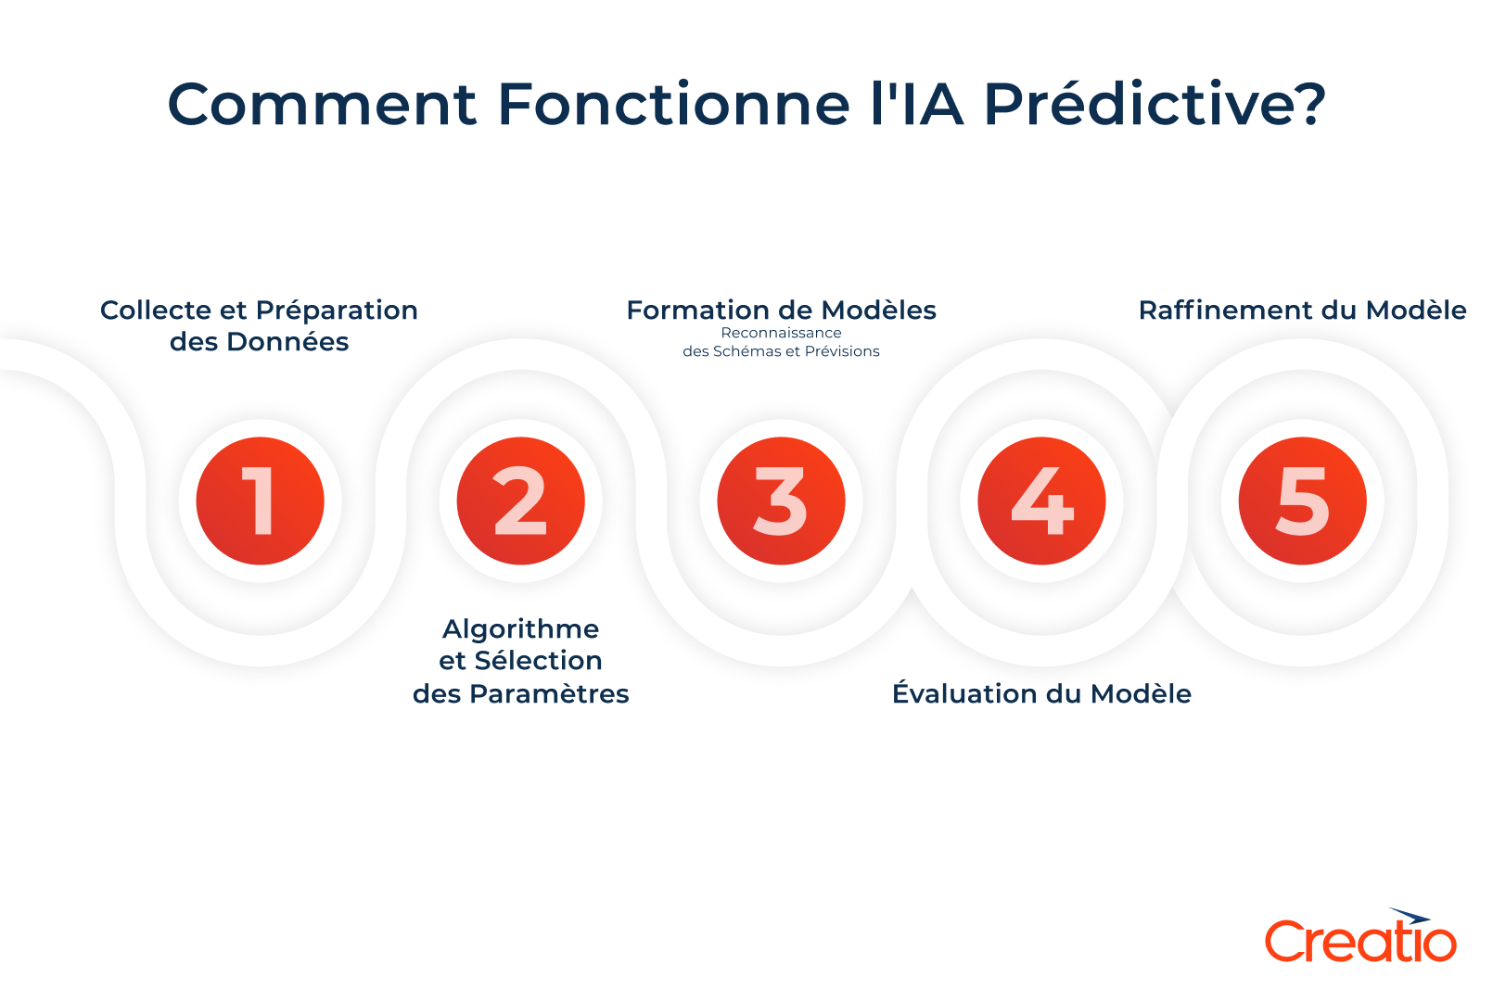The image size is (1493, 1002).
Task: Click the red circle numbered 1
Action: tap(260, 501)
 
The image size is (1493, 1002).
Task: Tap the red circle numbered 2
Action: tap(520, 501)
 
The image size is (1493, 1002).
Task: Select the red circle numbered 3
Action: tap(781, 501)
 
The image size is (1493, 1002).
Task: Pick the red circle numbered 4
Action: tap(1041, 501)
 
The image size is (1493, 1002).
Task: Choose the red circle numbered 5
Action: tap(1302, 501)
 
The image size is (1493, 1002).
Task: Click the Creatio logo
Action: tap(1360, 937)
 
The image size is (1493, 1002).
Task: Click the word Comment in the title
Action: tap(321, 104)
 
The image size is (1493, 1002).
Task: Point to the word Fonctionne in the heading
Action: tap(673, 104)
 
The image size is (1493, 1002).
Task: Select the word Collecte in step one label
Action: tap(155, 310)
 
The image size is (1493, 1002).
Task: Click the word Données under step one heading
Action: tap(287, 342)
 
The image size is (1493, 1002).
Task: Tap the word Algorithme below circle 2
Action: tap(520, 629)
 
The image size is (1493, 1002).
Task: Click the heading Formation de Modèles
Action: tap(781, 310)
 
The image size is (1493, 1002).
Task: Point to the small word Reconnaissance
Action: tap(781, 333)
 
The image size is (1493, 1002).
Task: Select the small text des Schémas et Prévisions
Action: tap(781, 351)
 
